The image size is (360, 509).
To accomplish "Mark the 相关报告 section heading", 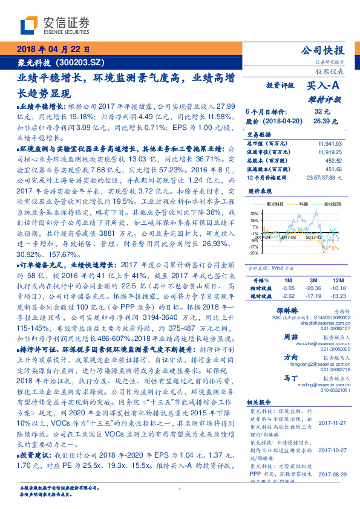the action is pos(261,403).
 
